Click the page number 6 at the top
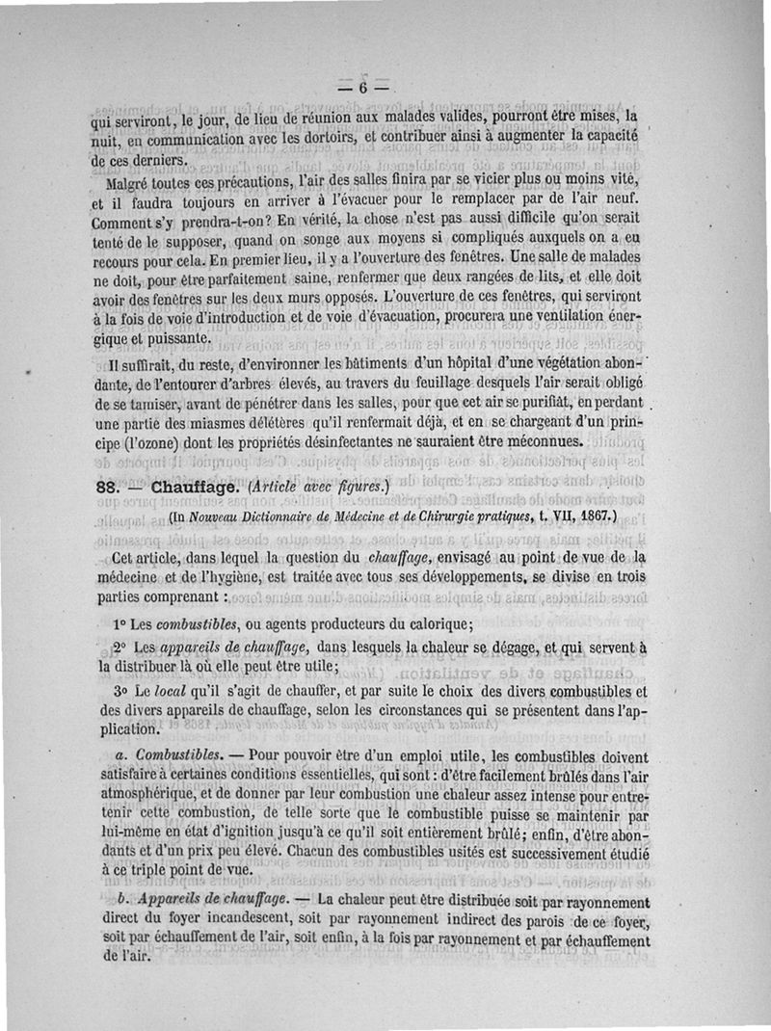coord(363,87)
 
